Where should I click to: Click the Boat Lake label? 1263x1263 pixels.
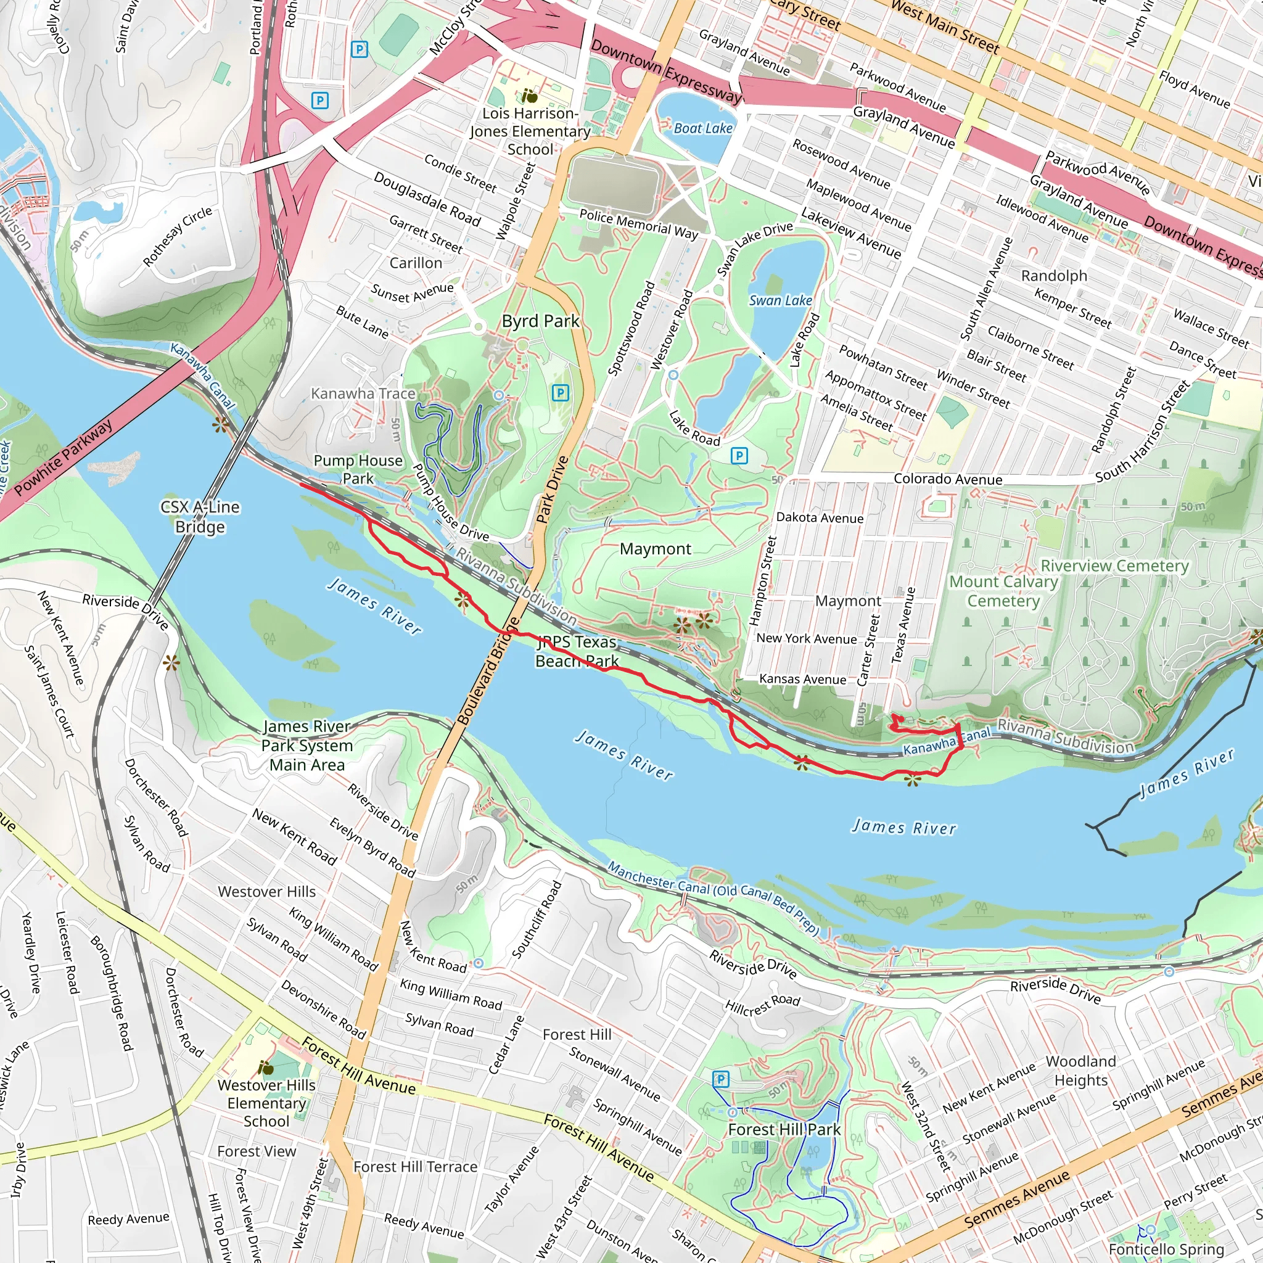point(703,128)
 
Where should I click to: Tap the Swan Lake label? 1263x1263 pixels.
point(780,300)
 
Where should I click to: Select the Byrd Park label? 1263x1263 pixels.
point(540,321)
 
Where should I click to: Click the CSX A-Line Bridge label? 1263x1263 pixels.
point(200,516)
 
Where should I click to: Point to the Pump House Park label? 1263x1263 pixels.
point(358,469)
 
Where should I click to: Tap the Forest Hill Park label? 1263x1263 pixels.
point(784,1129)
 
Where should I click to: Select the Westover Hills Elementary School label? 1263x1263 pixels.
point(266,1103)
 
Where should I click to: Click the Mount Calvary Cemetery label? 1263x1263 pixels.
point(1003,591)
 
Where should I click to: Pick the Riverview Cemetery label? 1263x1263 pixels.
point(1114,566)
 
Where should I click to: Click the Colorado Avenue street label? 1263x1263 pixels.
point(947,479)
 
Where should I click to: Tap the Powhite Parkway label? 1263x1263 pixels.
point(63,458)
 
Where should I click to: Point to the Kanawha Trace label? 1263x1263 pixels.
point(363,393)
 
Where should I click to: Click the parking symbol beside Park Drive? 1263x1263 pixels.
point(560,392)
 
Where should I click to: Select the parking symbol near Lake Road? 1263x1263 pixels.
point(739,456)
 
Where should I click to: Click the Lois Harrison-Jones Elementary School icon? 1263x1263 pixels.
point(530,97)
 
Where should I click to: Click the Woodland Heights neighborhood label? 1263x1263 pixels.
point(1080,1070)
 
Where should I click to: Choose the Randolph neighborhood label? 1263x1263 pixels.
point(1054,275)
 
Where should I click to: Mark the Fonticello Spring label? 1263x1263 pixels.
point(1166,1249)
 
